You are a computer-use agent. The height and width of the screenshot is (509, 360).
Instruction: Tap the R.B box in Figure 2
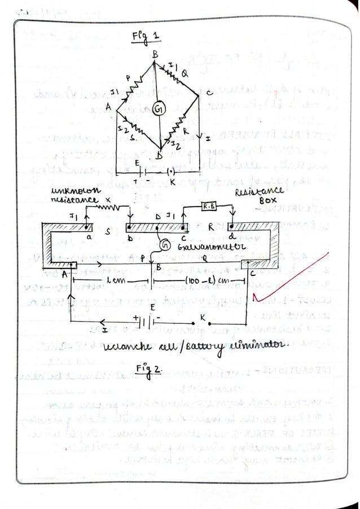pos(209,207)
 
